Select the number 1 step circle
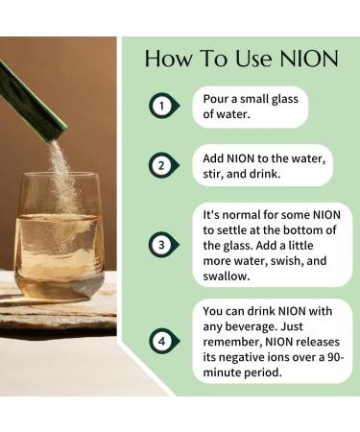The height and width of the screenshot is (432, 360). click(x=164, y=106)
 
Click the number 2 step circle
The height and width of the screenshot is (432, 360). click(x=164, y=165)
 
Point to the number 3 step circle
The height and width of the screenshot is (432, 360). click(x=164, y=244)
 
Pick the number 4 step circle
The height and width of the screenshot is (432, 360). click(x=164, y=342)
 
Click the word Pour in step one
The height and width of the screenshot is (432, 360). click(x=217, y=98)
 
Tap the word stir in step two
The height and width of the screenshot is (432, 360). click(x=216, y=174)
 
